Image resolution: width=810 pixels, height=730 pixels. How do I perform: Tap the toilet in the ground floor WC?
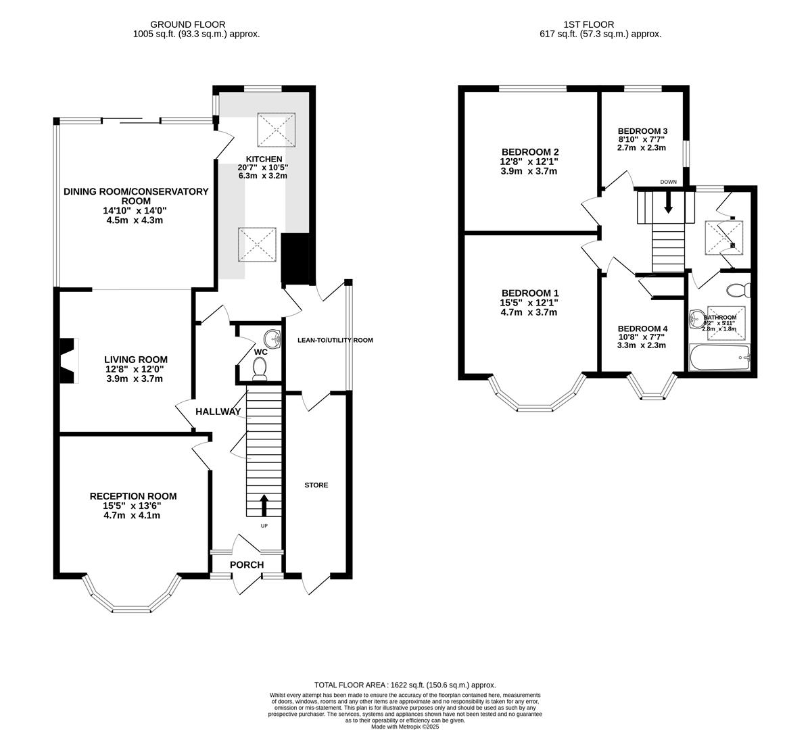pos(258,367)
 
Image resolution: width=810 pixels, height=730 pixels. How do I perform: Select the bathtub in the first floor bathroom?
pos(719,357)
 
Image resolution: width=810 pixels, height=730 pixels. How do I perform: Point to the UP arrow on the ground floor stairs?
pos(264,505)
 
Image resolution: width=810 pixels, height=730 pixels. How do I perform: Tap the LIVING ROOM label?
pos(135,360)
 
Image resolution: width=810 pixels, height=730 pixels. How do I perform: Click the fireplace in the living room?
pos(68,360)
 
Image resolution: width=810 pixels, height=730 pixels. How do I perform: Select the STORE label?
pos(316,485)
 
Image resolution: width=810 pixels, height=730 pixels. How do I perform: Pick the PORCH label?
pos(246,565)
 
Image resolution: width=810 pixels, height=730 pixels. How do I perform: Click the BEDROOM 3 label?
pos(642,131)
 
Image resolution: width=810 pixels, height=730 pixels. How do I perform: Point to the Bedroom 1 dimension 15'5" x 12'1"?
pos(529,302)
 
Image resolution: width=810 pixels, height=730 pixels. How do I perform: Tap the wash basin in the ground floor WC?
pos(272,337)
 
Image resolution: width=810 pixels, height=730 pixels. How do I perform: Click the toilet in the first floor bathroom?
pos(738,290)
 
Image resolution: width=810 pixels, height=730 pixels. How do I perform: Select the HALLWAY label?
pos(218,412)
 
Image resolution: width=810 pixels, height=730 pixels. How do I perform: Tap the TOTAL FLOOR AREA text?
pos(405,685)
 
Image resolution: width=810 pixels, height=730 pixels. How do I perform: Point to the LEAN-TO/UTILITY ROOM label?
pos(335,340)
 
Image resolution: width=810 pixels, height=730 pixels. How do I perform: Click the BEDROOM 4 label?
pos(642,328)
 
